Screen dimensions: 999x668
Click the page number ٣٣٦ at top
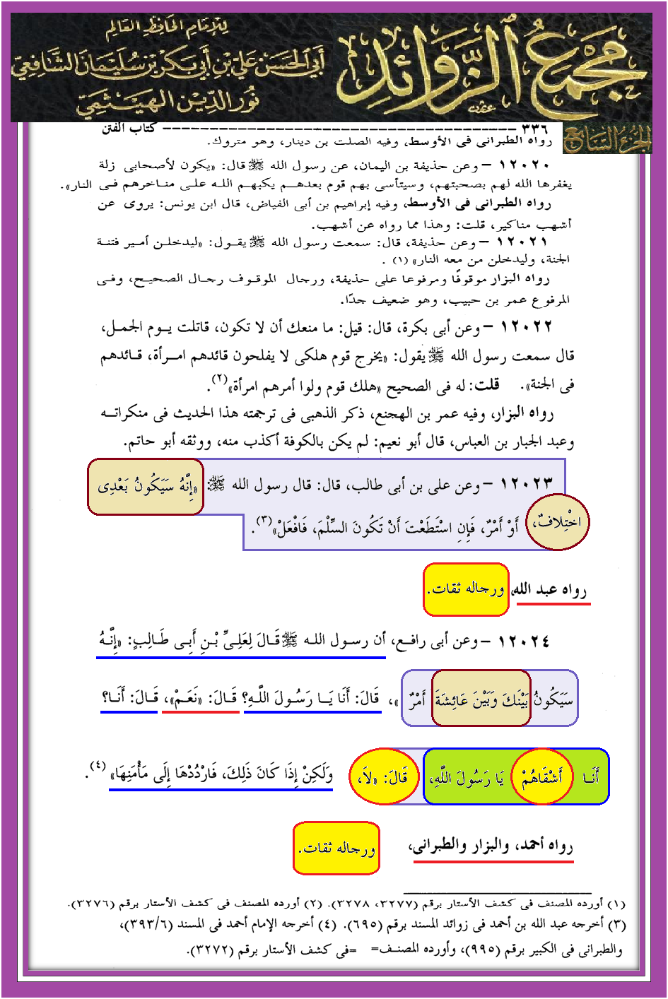click(534, 129)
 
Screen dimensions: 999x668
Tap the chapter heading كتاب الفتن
click(129, 129)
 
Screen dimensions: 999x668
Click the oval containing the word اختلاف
click(558, 523)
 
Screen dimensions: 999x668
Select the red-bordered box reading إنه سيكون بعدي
click(146, 487)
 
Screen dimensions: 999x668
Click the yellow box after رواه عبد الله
click(466, 589)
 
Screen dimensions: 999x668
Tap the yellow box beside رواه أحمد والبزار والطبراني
click(336, 848)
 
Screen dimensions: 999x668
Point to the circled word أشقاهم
click(542, 777)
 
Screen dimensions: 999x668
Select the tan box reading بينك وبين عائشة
click(481, 699)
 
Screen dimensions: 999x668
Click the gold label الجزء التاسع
click(607, 140)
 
